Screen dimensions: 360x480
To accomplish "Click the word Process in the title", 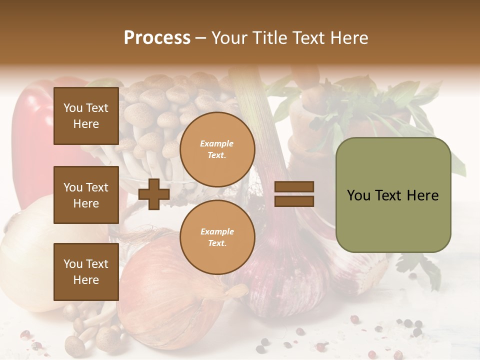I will [157, 38].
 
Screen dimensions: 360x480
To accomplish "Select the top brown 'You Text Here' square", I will [86, 116].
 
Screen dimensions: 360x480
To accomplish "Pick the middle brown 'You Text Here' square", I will [86, 195].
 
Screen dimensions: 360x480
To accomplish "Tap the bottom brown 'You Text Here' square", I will [86, 271].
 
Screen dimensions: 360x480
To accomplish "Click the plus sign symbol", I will [154, 194].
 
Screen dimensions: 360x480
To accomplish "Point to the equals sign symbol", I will [294, 194].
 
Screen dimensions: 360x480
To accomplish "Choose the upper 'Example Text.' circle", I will [217, 149].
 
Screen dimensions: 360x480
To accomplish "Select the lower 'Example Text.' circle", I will [217, 237].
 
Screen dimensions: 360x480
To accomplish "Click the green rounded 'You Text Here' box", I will [393, 195].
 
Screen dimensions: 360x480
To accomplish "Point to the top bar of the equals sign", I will [294, 187].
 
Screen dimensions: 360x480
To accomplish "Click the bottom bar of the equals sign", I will [294, 201].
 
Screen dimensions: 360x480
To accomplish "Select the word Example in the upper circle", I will [216, 143].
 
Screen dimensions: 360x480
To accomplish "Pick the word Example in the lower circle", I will [217, 231].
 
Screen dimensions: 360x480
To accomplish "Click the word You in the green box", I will [358, 195].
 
